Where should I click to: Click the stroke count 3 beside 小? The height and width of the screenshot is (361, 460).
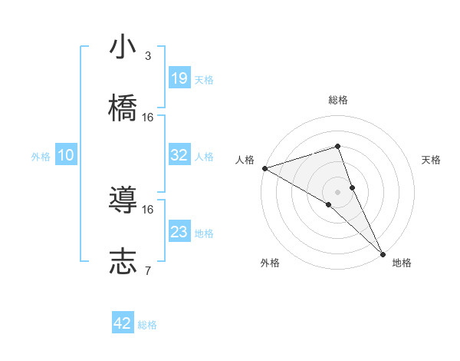(148, 56)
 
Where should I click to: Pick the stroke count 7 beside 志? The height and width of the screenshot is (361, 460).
(148, 270)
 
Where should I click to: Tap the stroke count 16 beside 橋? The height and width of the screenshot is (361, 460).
(148, 117)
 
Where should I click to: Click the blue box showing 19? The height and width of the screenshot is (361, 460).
(179, 78)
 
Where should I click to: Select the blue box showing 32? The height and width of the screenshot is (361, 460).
(179, 155)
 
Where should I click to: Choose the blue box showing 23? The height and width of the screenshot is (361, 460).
(179, 232)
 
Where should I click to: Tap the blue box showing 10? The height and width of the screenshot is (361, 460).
(66, 155)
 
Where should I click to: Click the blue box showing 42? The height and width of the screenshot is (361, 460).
(123, 323)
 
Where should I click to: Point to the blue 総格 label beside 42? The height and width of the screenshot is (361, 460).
(147, 325)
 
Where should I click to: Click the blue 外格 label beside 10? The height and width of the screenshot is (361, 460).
(41, 157)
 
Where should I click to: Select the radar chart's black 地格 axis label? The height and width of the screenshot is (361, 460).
(402, 263)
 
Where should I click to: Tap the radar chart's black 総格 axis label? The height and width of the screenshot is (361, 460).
(338, 100)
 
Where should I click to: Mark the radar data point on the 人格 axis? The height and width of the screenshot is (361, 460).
(264, 168)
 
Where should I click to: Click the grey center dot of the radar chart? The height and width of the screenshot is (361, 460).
(338, 191)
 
